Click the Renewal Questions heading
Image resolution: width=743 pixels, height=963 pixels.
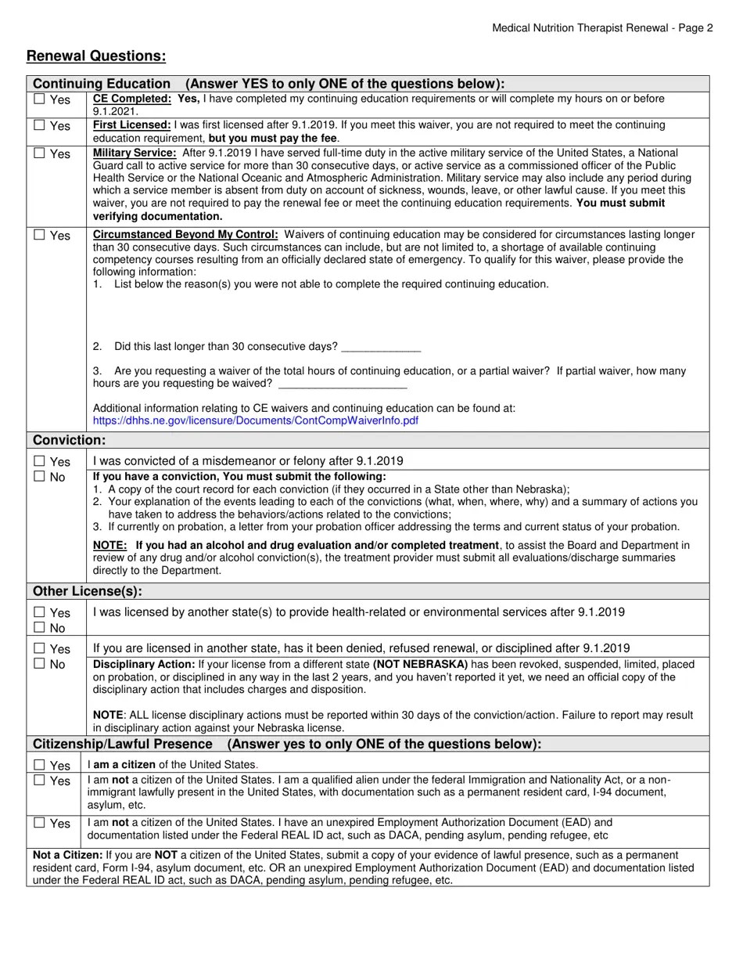[96, 56]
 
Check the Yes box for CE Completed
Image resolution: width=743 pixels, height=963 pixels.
[39, 99]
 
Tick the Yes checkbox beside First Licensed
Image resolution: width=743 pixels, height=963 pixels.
[39, 125]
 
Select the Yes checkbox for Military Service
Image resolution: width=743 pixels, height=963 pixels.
[39, 153]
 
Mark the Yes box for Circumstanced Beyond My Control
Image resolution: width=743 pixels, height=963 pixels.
[39, 235]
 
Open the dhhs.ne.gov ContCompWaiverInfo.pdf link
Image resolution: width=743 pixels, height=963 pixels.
[255, 420]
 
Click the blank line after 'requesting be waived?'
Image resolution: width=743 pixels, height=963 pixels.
[343, 384]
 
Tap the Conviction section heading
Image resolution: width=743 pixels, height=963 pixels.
[69, 441]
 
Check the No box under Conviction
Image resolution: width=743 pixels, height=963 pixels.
[39, 477]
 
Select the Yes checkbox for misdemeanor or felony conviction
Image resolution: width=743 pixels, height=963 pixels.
[39, 461]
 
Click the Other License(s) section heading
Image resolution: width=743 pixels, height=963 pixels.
[87, 591]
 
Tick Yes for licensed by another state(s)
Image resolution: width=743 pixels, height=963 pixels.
[39, 612]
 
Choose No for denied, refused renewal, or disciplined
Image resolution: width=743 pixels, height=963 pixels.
[39, 664]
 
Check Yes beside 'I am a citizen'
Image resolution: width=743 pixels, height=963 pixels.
[39, 765]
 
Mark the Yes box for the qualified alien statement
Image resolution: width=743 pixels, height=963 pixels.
[39, 781]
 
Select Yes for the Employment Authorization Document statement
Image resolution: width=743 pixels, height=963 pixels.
[39, 823]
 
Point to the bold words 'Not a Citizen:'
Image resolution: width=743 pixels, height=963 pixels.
[67, 856]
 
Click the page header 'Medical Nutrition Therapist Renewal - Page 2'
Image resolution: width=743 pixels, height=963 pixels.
[602, 28]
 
